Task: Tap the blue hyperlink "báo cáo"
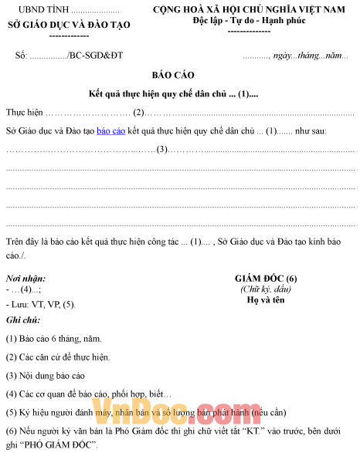[111, 131]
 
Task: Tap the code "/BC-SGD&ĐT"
[95, 56]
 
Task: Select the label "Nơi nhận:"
[25, 278]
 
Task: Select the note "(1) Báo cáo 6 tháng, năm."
[53, 338]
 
